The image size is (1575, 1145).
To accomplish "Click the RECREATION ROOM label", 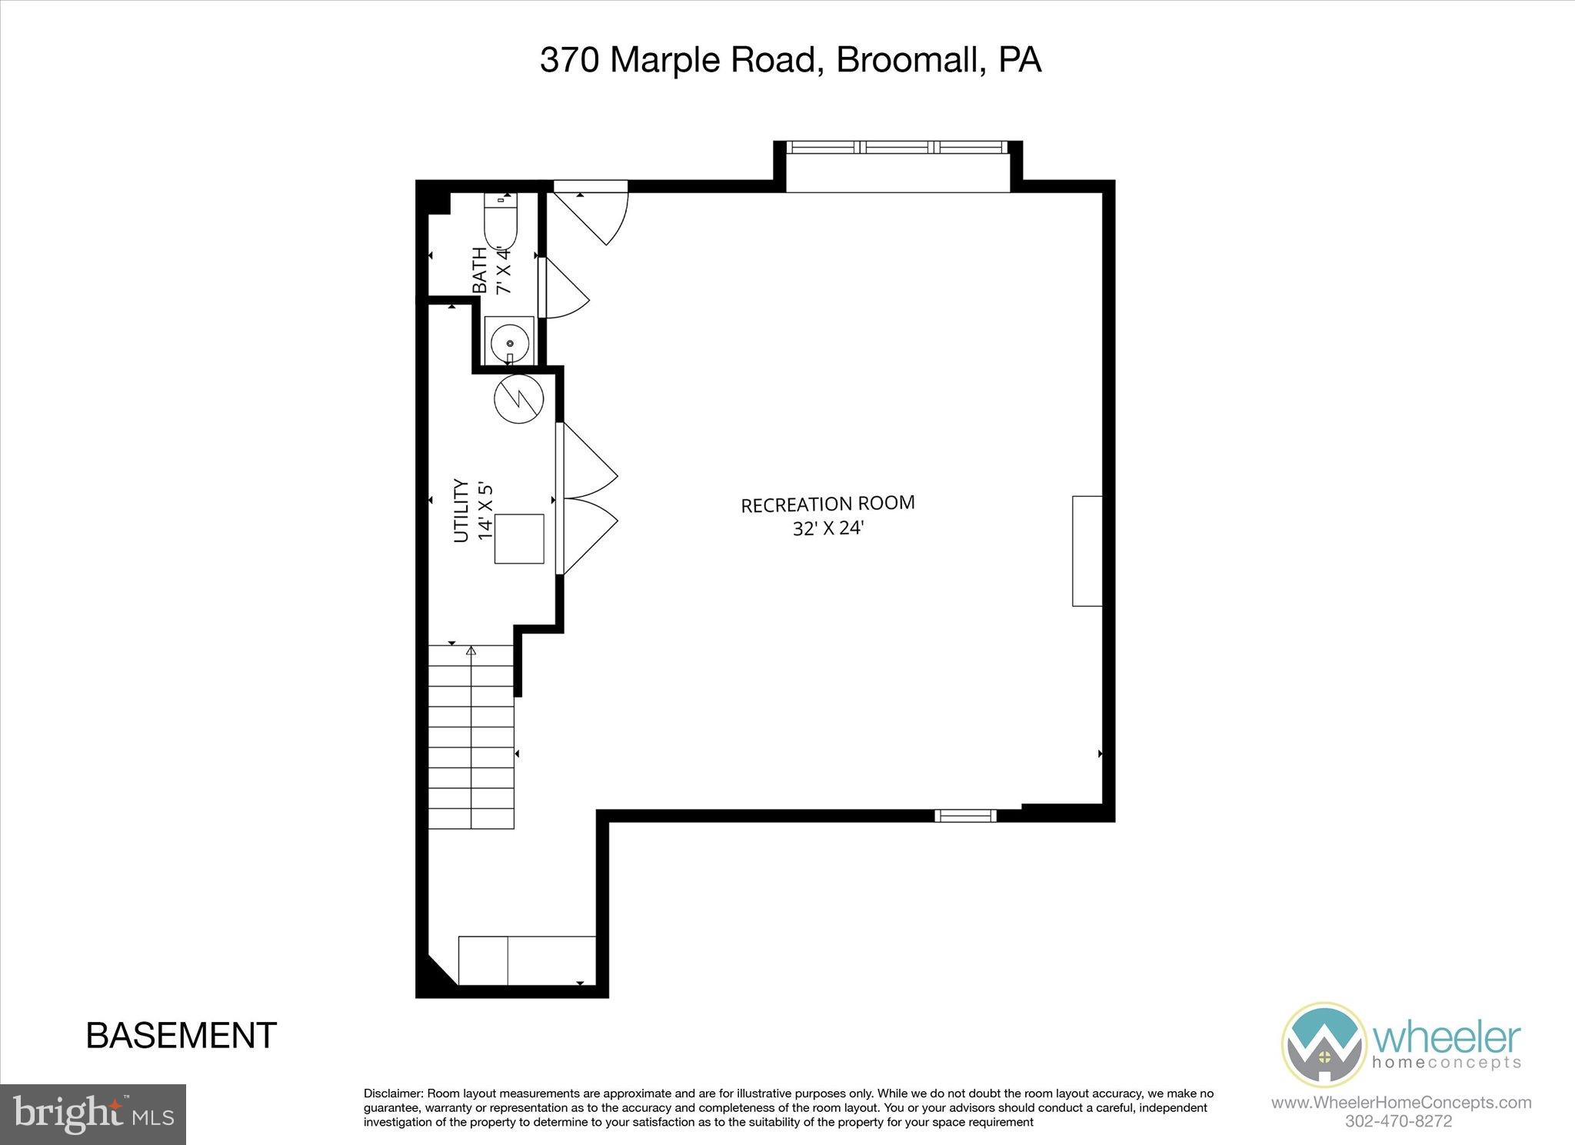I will pyautogui.click(x=827, y=504).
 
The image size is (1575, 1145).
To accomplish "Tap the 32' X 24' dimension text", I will pyautogui.click(x=829, y=530).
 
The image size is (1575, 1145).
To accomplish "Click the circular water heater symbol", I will pyautogui.click(x=519, y=398).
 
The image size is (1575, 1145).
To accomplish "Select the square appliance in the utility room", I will pyautogui.click(x=519, y=539).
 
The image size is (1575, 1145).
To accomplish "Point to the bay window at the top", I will pyautogui.click(x=897, y=148).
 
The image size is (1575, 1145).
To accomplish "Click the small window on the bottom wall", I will pyautogui.click(x=965, y=816).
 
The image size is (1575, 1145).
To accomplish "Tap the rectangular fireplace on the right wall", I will pyautogui.click(x=1087, y=551).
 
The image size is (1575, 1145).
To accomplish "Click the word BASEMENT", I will pyautogui.click(x=181, y=1036).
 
